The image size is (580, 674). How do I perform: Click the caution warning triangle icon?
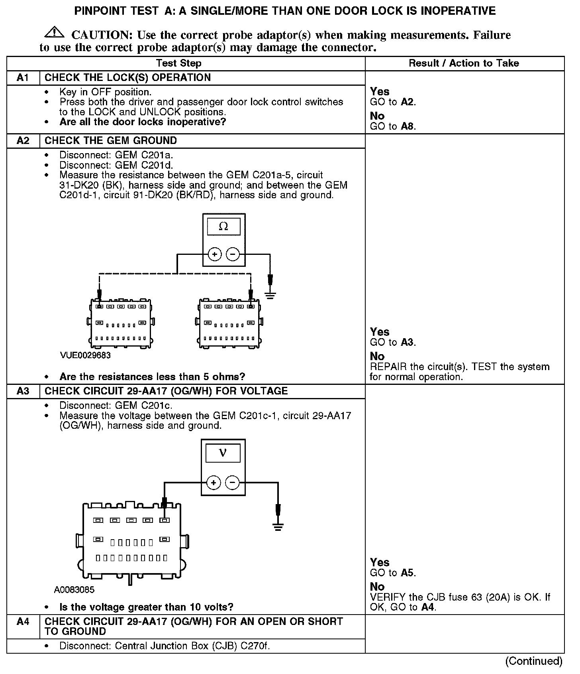click(x=55, y=33)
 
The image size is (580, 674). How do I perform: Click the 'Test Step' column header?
click(x=178, y=63)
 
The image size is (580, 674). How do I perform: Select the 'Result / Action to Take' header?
click(x=464, y=63)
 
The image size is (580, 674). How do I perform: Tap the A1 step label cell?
click(x=23, y=78)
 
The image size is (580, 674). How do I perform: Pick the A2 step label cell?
click(x=23, y=141)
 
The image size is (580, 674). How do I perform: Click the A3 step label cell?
click(x=23, y=391)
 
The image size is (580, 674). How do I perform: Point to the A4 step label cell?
click(x=23, y=622)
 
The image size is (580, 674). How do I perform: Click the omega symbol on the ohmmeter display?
click(x=223, y=227)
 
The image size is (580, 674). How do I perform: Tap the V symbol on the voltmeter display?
click(x=223, y=453)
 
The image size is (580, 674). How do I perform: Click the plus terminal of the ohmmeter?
click(x=215, y=254)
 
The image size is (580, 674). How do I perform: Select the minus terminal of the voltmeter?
click(x=232, y=483)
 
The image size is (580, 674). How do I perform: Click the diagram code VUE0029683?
click(x=85, y=355)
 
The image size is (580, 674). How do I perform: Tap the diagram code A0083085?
click(x=74, y=590)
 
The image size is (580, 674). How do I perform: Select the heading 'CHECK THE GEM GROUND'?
click(x=111, y=141)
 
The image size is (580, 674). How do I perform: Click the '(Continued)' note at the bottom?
click(x=533, y=661)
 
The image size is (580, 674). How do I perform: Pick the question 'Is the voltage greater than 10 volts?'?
click(x=146, y=607)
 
